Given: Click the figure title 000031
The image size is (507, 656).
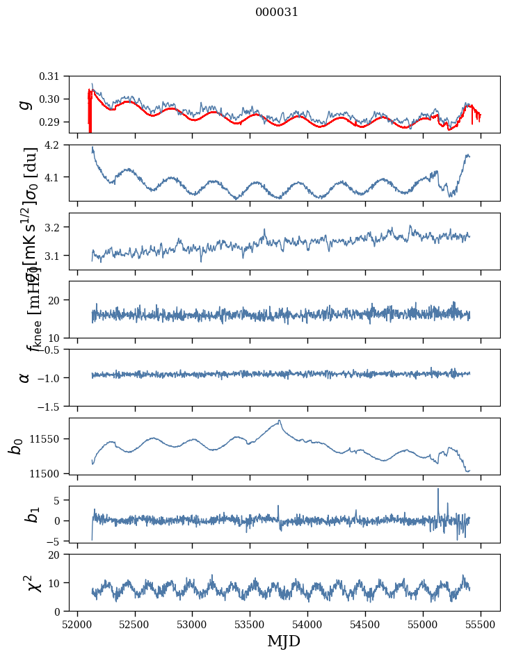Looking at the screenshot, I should point(277,13).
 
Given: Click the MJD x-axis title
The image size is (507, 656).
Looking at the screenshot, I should point(284,641).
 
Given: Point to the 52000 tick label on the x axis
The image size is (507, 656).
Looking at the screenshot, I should point(77,623).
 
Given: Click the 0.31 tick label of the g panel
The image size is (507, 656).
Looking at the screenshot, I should point(59,76).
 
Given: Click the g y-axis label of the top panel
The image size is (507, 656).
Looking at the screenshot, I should point(26,104).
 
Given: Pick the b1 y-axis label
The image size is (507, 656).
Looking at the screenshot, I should point(31,514).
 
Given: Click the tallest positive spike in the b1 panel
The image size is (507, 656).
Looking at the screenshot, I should point(438,489).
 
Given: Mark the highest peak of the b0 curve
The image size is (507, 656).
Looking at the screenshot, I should point(280,420).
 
